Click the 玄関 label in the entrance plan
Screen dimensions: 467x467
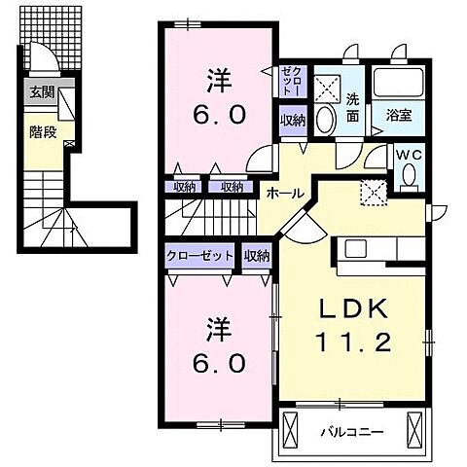[x=42, y=93]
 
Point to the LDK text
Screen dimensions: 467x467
[x=354, y=308]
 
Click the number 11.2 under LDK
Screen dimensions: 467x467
[x=354, y=342]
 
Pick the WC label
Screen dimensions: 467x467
[x=409, y=152]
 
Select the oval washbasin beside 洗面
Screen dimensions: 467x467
[x=327, y=119]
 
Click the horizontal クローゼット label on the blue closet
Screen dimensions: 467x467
[x=199, y=255]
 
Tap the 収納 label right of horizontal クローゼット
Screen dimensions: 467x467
[x=257, y=255]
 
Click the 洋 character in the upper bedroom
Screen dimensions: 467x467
[x=216, y=76]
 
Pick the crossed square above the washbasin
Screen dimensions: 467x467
[x=327, y=82]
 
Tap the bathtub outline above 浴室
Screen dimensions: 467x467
[x=399, y=82]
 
